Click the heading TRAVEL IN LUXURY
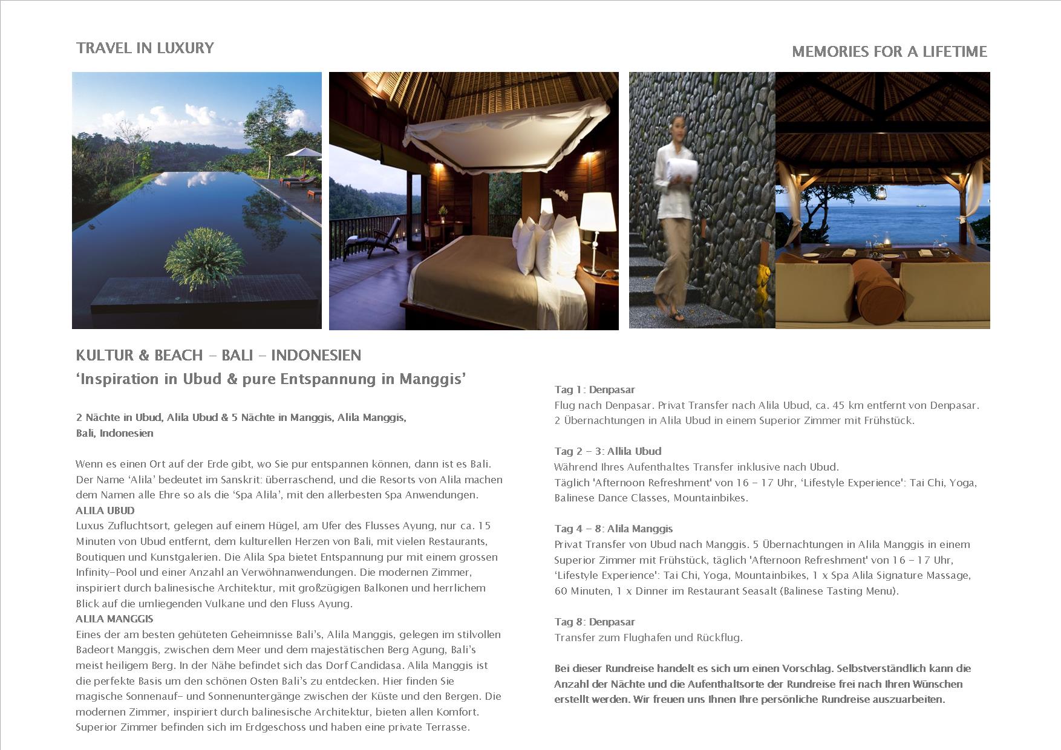coord(145,48)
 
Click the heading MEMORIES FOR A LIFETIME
coord(889,52)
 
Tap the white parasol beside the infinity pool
coord(302,153)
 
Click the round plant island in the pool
coord(204,256)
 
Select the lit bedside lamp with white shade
coord(598,212)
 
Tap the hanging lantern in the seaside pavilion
coord(883,193)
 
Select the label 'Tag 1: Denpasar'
coord(595,390)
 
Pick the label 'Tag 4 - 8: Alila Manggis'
coord(613,529)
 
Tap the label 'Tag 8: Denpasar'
coord(595,622)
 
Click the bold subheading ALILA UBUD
coord(105,510)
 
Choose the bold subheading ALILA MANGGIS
coord(114,619)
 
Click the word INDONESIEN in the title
coord(316,355)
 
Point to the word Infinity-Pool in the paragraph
coord(106,572)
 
